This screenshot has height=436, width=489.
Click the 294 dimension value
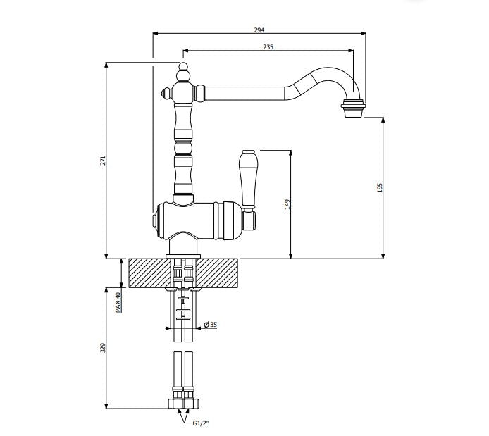pos(259,30)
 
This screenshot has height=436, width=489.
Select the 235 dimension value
pos(268,47)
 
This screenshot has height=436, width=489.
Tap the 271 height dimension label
pos(102,161)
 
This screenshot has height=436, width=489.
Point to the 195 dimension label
pos(380,188)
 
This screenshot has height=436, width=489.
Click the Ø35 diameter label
pos(210,325)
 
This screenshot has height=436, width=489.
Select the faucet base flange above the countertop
pos(183,255)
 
